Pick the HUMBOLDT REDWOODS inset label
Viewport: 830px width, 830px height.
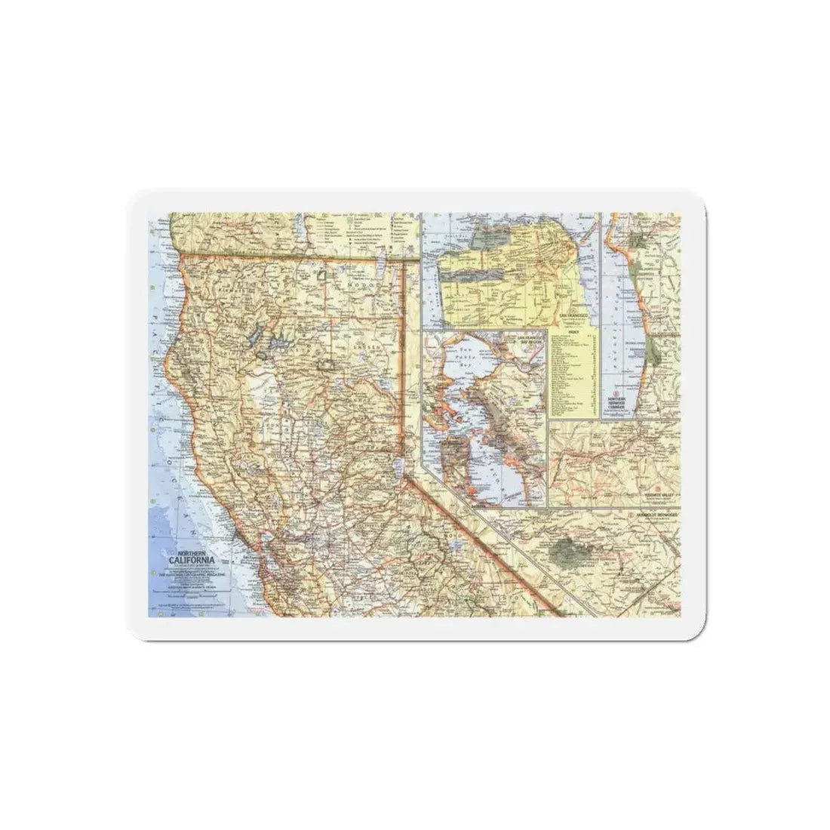(656, 513)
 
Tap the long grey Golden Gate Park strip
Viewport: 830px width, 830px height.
(472, 275)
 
